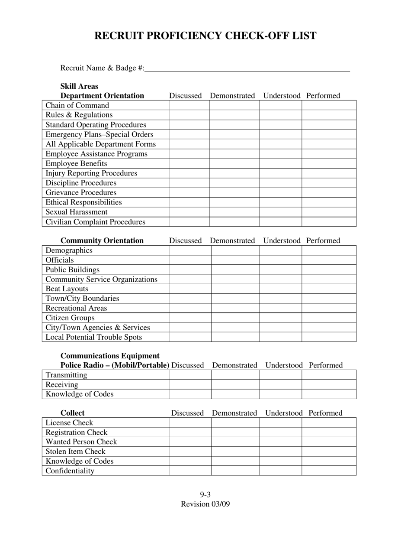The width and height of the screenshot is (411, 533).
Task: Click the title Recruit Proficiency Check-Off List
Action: [x=205, y=36]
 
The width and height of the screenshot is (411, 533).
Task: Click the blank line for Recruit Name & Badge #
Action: [x=247, y=68]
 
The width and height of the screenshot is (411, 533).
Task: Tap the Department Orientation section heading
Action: [x=102, y=96]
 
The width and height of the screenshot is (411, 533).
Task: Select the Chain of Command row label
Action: [x=77, y=105]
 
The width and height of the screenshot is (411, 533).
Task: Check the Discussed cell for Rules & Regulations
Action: [x=189, y=115]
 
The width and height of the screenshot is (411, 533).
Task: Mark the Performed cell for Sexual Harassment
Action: [x=329, y=212]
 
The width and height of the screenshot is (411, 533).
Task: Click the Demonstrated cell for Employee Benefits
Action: [x=234, y=163]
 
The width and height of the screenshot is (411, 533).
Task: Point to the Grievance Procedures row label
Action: [x=81, y=192]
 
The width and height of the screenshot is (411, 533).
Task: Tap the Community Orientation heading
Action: [x=102, y=240]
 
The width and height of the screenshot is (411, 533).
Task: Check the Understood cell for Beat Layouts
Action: [x=280, y=289]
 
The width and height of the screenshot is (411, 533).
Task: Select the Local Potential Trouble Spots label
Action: [x=94, y=337]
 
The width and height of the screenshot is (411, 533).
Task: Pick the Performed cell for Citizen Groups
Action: [x=329, y=318]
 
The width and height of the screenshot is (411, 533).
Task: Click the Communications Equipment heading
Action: [x=110, y=356]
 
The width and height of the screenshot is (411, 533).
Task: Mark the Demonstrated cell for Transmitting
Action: [x=235, y=375]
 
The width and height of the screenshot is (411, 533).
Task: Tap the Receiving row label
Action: [x=62, y=384]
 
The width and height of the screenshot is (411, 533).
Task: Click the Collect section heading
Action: [x=73, y=413]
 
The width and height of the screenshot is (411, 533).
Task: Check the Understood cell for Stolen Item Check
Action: [x=280, y=452]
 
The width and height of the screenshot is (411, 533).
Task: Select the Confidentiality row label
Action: [x=70, y=471]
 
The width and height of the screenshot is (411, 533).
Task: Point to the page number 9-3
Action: [x=205, y=495]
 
